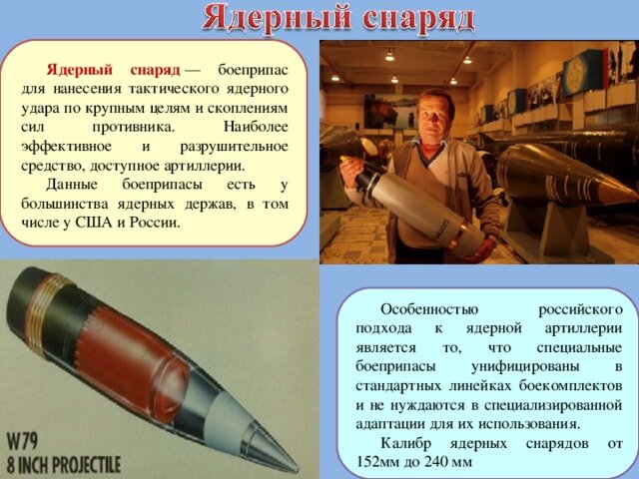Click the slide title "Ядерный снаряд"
pyautogui.click(x=339, y=19)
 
